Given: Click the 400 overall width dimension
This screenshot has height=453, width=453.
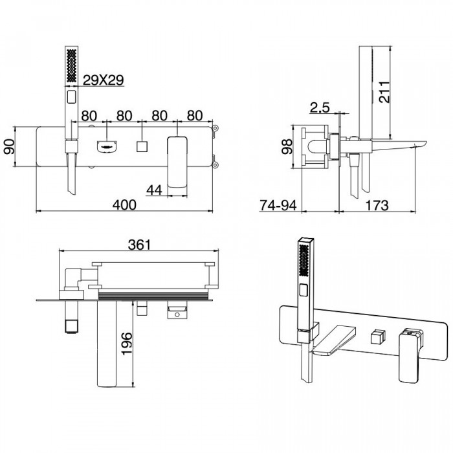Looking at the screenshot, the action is (x=124, y=205).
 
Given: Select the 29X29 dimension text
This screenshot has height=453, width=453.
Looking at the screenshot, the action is (x=103, y=80).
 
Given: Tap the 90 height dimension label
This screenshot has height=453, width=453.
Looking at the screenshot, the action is (x=9, y=146).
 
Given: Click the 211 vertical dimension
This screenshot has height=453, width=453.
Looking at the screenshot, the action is (x=384, y=92).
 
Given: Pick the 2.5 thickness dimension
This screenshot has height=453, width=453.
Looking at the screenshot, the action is (x=320, y=107).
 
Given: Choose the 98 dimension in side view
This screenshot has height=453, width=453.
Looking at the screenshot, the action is (x=287, y=146).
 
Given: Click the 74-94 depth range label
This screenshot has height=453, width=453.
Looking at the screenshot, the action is (x=278, y=205).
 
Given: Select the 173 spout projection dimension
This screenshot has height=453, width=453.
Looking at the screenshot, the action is (x=377, y=205).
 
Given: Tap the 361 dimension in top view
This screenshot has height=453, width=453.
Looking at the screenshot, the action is (x=140, y=245).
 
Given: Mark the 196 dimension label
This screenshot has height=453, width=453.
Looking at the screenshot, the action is (x=126, y=344).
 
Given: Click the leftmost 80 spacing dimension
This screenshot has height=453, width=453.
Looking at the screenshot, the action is (x=89, y=116).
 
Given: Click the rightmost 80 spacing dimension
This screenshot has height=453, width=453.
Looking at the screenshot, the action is (x=195, y=116).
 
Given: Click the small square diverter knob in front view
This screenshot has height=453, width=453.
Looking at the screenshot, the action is (x=142, y=146).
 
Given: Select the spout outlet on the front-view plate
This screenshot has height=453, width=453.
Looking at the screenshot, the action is (x=107, y=146).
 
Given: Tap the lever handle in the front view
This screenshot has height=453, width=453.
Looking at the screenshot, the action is (x=177, y=162).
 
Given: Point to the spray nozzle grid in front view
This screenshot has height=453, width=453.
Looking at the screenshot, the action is (x=71, y=65).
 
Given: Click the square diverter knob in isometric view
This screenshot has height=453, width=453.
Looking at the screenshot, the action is (x=378, y=338).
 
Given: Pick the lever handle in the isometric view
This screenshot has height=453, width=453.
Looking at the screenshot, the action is (x=410, y=356).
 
